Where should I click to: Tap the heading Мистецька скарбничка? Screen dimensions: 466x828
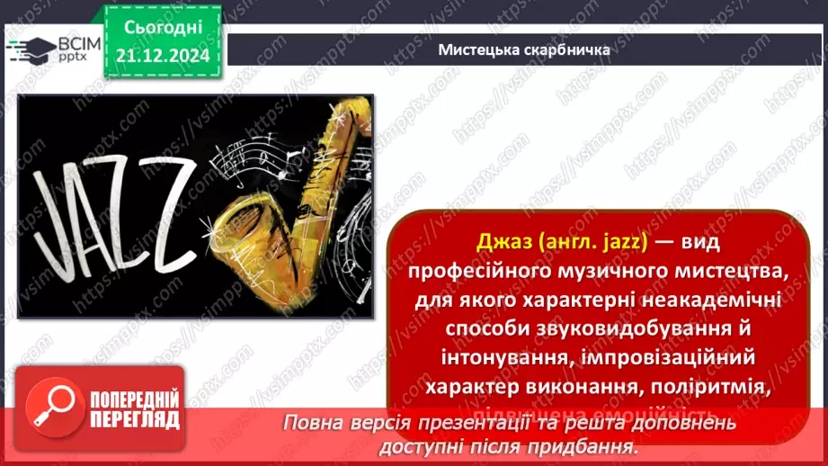pyautogui.click(x=524, y=49)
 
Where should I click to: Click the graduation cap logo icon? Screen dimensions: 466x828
pyautogui.click(x=30, y=48)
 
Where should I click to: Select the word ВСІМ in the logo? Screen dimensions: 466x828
pyautogui.click(x=77, y=42)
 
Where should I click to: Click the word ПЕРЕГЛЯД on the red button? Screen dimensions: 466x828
pyautogui.click(x=135, y=418)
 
